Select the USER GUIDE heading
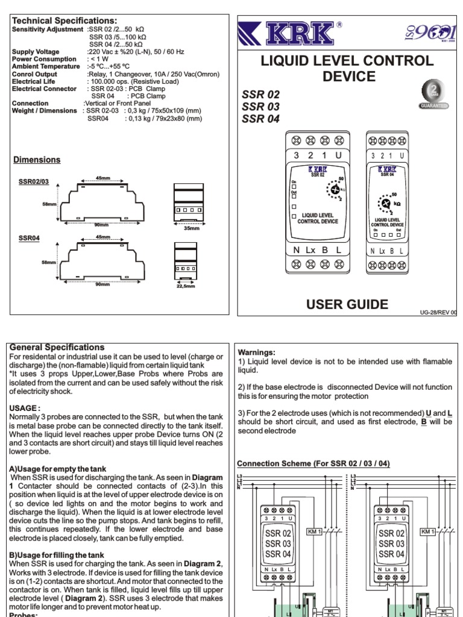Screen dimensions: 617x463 pyautogui.click(x=347, y=304)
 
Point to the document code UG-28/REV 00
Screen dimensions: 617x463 pyautogui.click(x=438, y=312)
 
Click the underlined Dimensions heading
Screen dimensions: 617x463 pyautogui.click(x=37, y=160)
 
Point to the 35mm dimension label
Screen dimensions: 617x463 pyautogui.click(x=191, y=228)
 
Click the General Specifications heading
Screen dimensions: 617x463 pyautogui.click(x=57, y=348)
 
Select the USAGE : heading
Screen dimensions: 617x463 pyautogui.click(x=25, y=408)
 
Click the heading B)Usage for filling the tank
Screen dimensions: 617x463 pyautogui.click(x=57, y=555)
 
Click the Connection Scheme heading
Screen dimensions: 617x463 pyautogui.click(x=313, y=463)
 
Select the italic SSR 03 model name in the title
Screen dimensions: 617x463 pyautogui.click(x=261, y=107)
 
